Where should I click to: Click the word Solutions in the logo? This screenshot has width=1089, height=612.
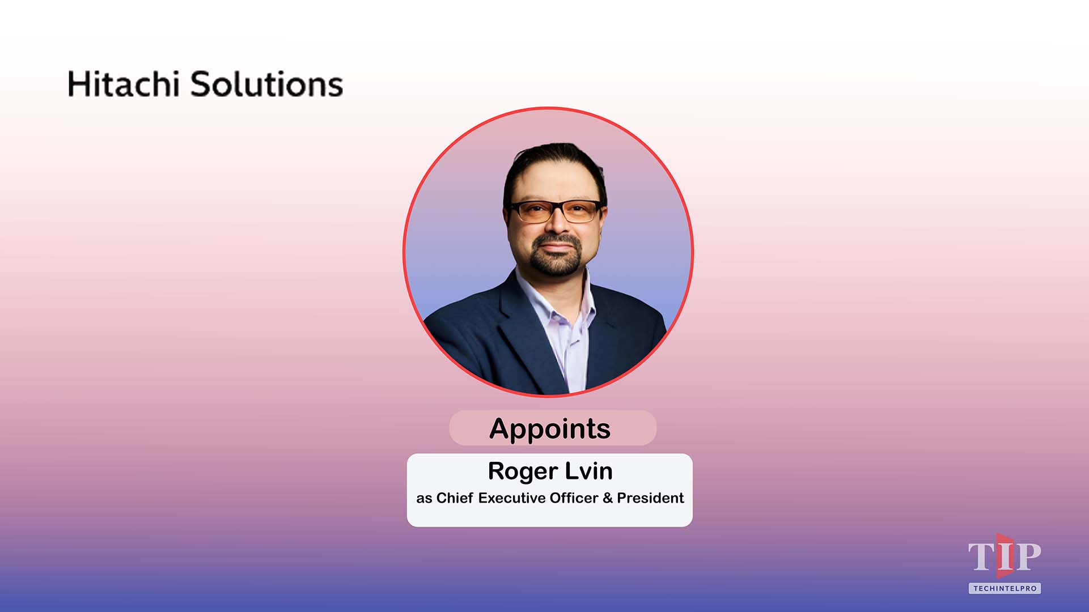266,84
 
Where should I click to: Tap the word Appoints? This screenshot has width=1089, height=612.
550,428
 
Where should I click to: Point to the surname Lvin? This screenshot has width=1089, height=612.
588,471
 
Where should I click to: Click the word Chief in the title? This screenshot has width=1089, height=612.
454,498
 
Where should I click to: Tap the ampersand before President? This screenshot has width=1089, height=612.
608,498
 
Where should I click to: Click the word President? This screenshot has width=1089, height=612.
650,498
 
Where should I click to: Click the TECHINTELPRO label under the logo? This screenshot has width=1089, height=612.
1005,589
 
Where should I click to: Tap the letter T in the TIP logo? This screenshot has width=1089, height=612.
980,558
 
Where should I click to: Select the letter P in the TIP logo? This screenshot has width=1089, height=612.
1027,558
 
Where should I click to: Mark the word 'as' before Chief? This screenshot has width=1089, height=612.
424,498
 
